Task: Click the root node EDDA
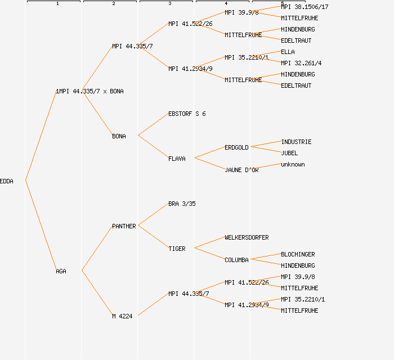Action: [x=7, y=181]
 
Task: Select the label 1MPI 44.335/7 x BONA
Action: [x=89, y=91]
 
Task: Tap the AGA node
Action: [x=61, y=271]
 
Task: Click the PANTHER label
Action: [x=124, y=226]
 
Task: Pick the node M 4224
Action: [x=122, y=316]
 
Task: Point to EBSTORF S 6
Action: [x=187, y=114]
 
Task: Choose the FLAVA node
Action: [x=177, y=159]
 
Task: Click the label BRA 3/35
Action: [x=182, y=204]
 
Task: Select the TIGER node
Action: [x=177, y=249]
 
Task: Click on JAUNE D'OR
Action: [x=241, y=170]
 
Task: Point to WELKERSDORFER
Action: [x=247, y=237]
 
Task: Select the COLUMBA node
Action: [x=236, y=260]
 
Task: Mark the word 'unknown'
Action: [x=293, y=164]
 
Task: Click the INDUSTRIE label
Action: [x=296, y=142]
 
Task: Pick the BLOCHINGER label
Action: [x=298, y=254]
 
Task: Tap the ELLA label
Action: [x=288, y=52]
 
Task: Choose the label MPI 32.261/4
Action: [x=301, y=63]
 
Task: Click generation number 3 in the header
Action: [x=169, y=4]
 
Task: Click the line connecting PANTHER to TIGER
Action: [x=153, y=237]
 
